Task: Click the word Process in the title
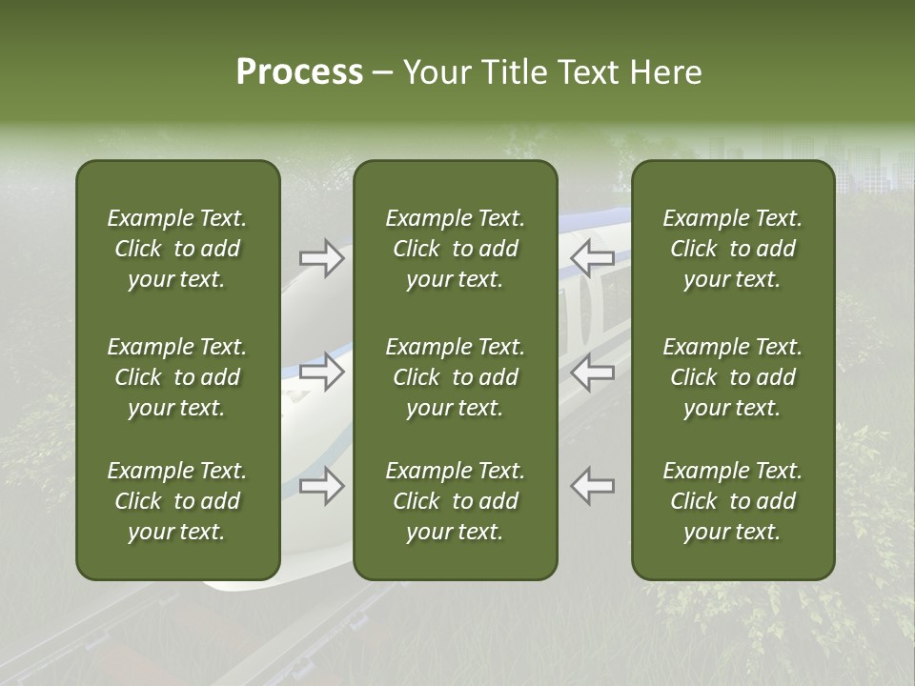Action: coord(299,72)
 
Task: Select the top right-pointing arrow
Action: coord(322,258)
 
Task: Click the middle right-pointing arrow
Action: coord(322,372)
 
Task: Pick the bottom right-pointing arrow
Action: coord(322,486)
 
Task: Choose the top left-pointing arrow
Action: coord(593,258)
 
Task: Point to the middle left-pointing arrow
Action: coord(593,372)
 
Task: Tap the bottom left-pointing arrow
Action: coord(593,486)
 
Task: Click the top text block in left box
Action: coord(177,249)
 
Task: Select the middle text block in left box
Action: coord(177,377)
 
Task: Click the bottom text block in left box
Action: coord(177,501)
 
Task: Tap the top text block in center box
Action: coord(455,249)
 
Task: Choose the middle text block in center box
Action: coord(455,377)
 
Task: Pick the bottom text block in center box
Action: coord(455,501)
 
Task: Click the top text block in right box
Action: coord(732,249)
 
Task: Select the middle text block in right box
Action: coord(732,377)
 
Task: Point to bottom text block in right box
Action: coord(732,501)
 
